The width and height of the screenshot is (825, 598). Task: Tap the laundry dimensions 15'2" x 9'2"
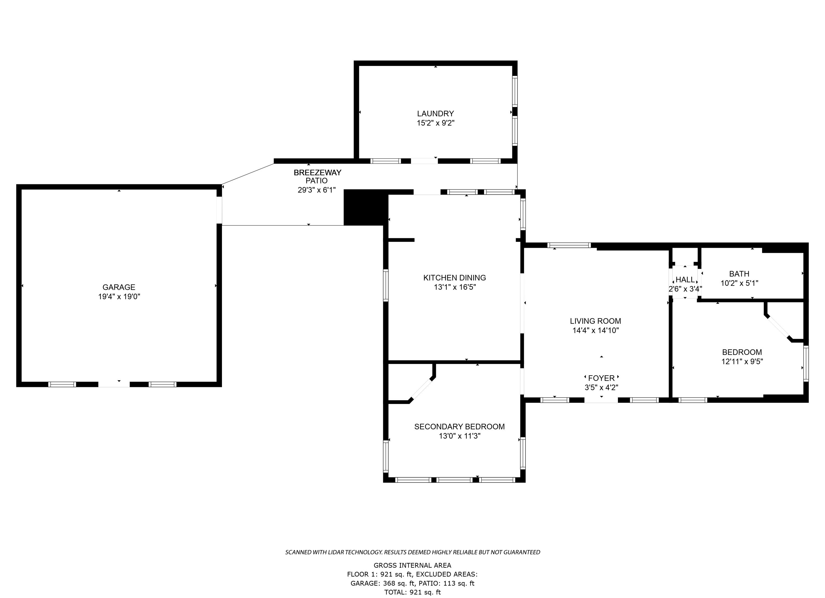point(435,123)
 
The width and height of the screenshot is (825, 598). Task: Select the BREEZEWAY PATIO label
point(317,177)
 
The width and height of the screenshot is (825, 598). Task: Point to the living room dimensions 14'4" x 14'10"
point(595,330)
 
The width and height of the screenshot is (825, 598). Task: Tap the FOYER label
point(601,378)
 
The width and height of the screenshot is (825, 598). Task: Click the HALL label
point(685,280)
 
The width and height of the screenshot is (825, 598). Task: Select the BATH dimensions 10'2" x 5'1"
point(739,283)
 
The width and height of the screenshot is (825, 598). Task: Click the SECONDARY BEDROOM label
point(459,427)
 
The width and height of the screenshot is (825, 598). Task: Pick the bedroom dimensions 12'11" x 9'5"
point(742,362)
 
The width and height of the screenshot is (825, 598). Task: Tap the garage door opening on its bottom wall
point(114,384)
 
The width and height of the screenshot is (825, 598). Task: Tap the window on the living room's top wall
point(569,245)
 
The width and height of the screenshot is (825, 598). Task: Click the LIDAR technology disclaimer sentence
point(413,552)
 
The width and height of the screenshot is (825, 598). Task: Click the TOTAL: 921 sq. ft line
point(413,592)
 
